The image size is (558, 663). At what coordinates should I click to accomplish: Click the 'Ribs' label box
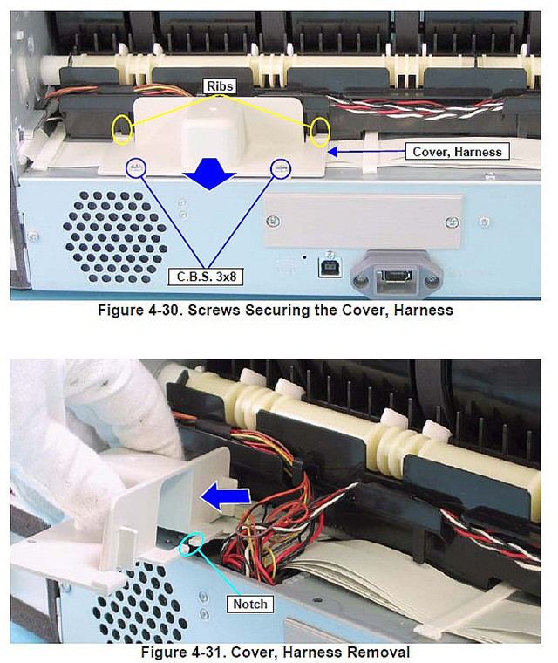[225, 85]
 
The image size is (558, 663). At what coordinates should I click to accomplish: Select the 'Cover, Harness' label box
[457, 151]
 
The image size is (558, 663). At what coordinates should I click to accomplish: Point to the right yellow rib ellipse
[320, 131]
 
